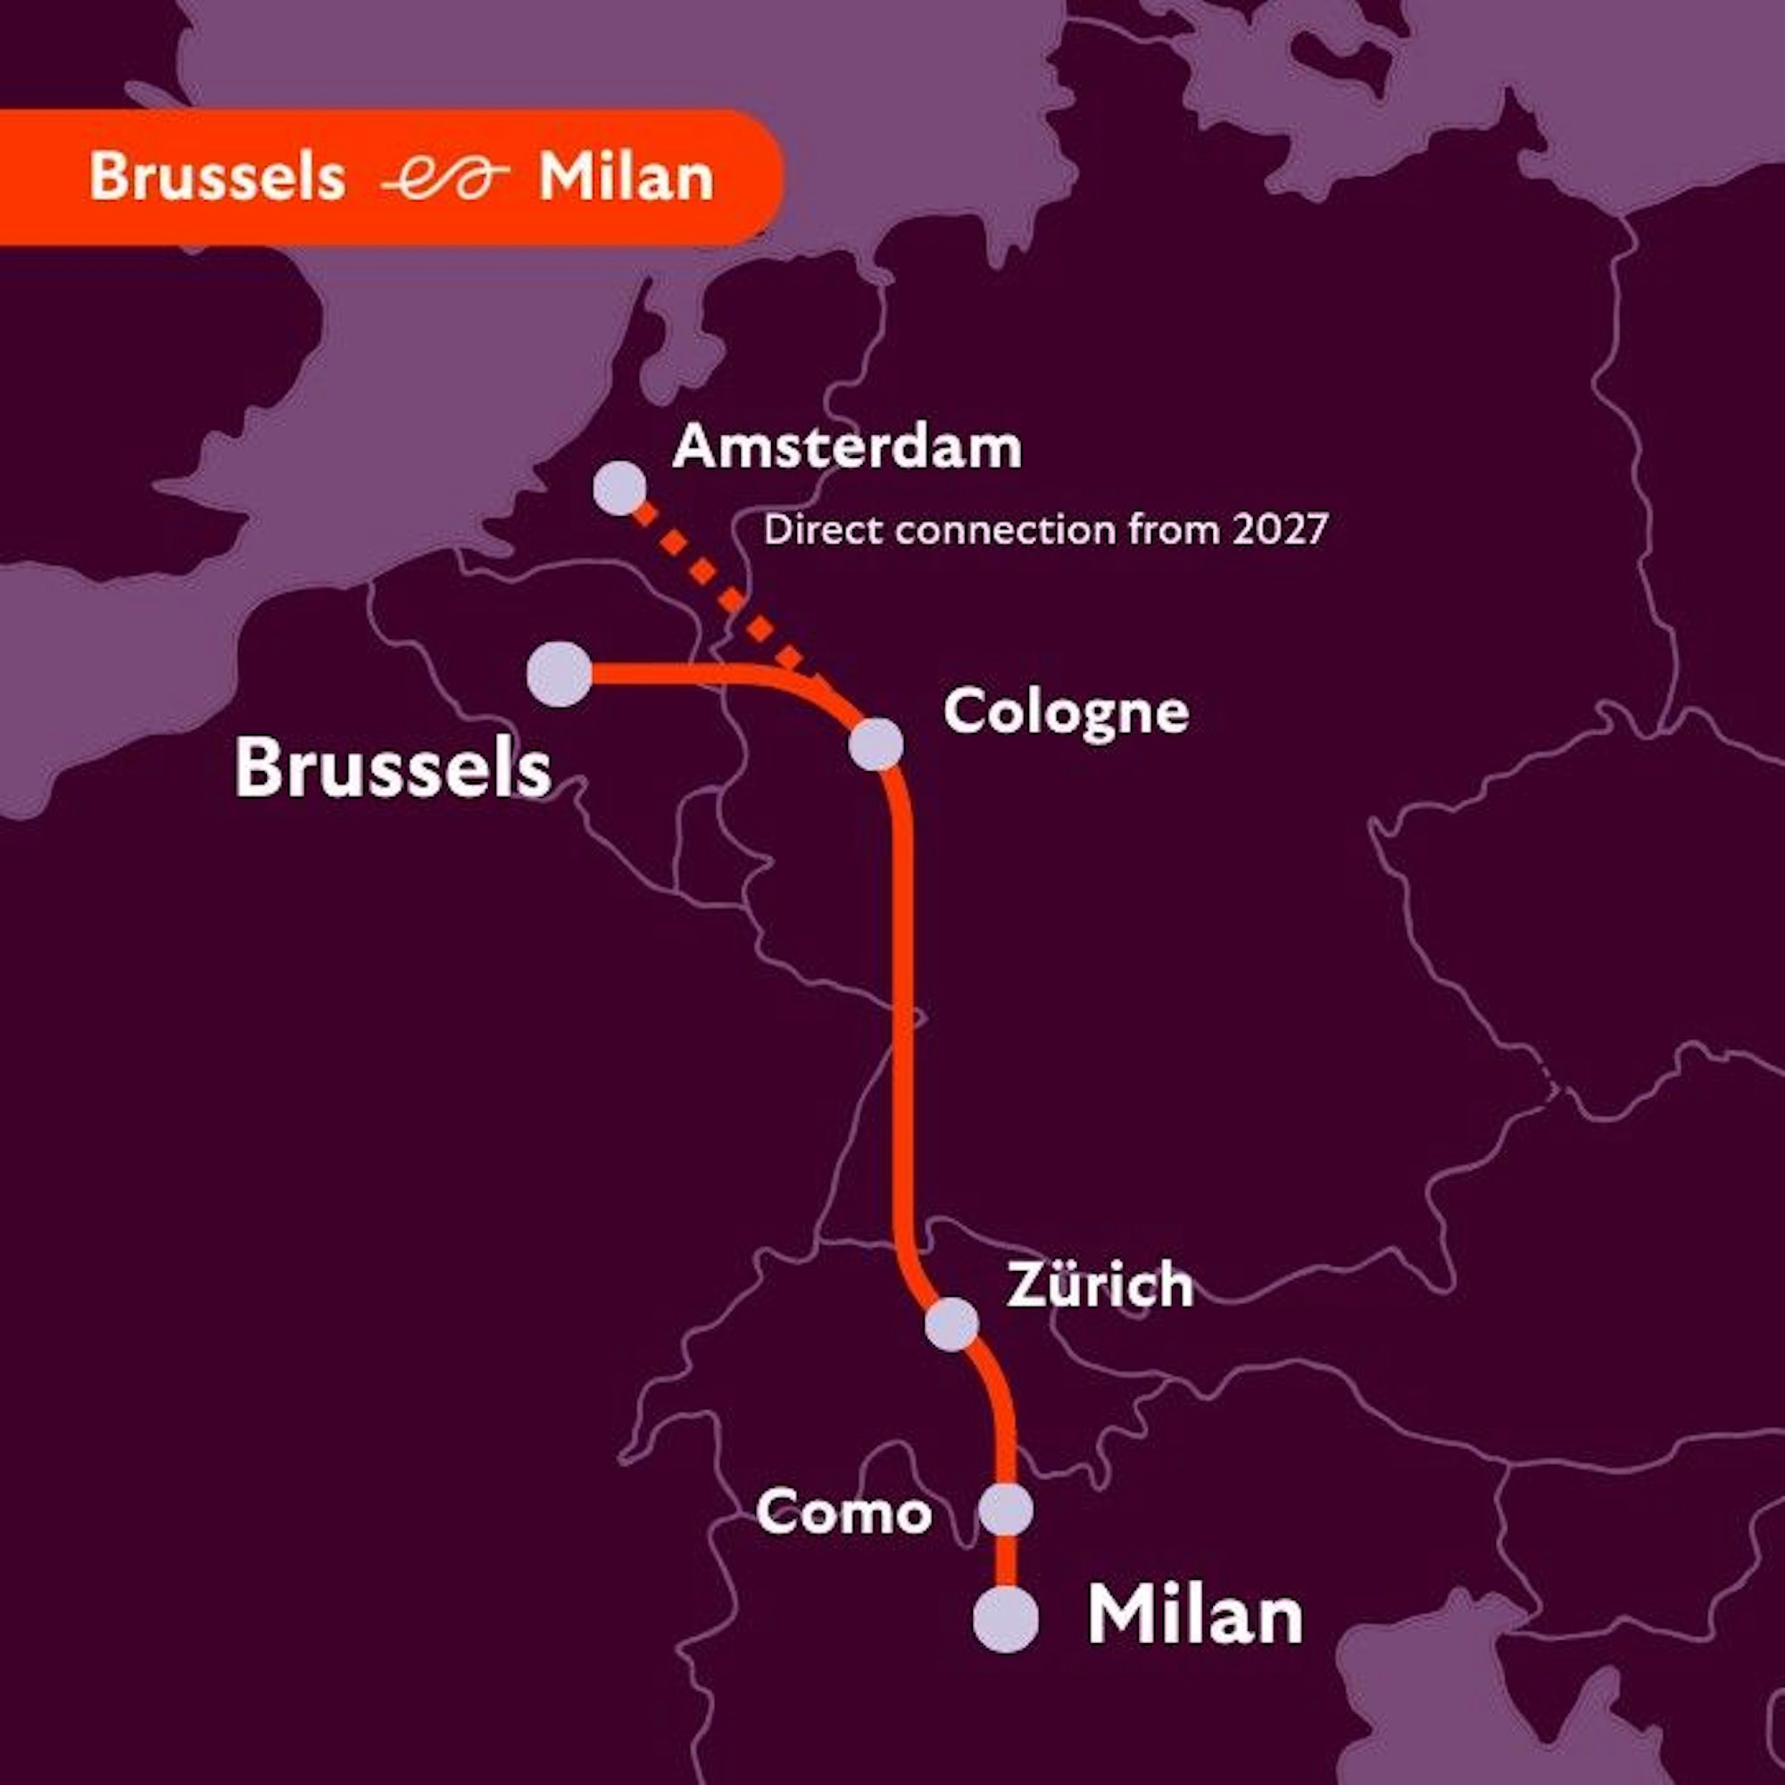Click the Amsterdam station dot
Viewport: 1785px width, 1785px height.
click(619, 487)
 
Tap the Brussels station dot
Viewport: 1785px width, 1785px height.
click(559, 675)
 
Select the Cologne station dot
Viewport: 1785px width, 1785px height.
click(876, 743)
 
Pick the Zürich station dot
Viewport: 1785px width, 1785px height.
click(951, 1324)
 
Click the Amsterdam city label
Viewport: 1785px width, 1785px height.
click(847, 448)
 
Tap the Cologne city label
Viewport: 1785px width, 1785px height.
click(1066, 713)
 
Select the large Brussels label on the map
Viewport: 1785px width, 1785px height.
click(393, 768)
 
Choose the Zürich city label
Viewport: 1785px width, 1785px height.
click(1100, 1284)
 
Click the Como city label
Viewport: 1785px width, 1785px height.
click(843, 1514)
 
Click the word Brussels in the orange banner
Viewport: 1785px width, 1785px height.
click(217, 176)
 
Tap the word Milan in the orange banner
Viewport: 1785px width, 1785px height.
click(627, 176)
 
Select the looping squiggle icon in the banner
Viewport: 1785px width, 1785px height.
click(444, 177)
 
